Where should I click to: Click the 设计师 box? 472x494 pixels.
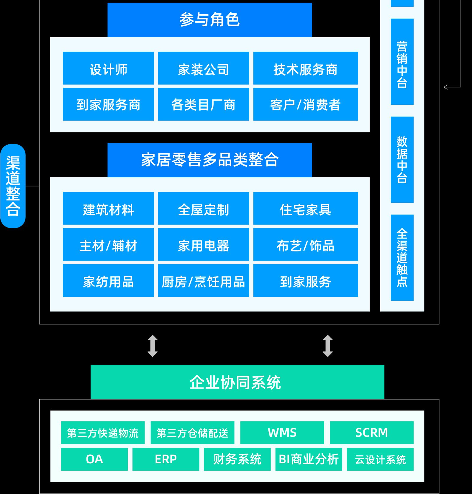[x=108, y=68]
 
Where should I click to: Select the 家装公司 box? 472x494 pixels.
[x=204, y=68]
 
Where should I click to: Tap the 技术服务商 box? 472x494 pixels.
[x=306, y=68]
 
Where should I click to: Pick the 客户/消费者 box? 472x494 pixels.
[x=306, y=104]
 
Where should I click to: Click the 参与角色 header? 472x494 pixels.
[x=210, y=20]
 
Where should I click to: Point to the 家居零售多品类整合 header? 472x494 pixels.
[x=210, y=160]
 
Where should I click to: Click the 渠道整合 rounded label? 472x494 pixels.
[x=13, y=186]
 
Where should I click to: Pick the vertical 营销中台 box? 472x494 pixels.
[x=402, y=62]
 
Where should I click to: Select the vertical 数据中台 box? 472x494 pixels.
[x=402, y=160]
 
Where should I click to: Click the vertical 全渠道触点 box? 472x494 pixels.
[x=402, y=258]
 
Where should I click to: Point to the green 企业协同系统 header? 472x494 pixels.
[x=237, y=382]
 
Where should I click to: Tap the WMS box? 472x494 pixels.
[x=282, y=433]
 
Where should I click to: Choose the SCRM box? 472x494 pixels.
[x=372, y=433]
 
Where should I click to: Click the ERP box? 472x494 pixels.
[x=166, y=459]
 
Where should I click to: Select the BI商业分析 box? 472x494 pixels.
[x=309, y=459]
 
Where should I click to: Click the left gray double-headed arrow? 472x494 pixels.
[x=153, y=346]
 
